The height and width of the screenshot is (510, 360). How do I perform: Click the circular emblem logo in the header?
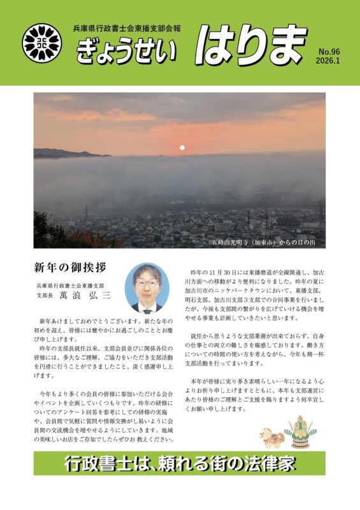[x=43, y=43]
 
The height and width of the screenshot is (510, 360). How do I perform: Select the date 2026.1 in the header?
[x=329, y=61]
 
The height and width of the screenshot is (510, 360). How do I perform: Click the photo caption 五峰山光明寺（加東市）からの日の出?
[x=266, y=242]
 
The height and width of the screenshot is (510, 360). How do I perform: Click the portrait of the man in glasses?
[x=147, y=288]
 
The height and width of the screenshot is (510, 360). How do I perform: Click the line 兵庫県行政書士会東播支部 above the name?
[x=71, y=286]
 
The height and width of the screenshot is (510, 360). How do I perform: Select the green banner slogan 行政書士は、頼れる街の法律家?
[x=180, y=464]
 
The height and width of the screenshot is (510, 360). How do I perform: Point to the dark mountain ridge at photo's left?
[x=61, y=153]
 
